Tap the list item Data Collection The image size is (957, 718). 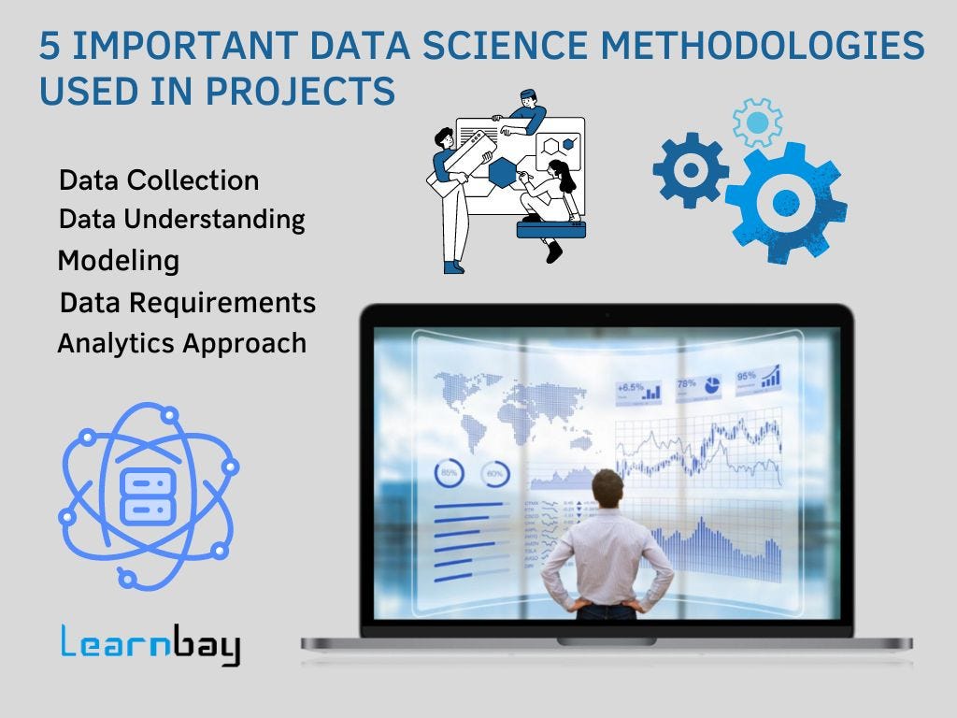pos(159,180)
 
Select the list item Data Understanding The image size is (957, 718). pos(181,220)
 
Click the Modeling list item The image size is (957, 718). pos(119,261)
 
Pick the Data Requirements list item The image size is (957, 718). pos(187,303)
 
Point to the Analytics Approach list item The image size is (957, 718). pos(181,343)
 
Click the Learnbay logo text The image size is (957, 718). pos(150,646)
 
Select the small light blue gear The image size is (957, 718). pos(757,122)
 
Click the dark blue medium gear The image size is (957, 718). pos(691,170)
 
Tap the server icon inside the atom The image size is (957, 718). pos(148,495)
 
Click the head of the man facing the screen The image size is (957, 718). pos(607,489)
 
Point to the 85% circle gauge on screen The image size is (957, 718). pos(450,474)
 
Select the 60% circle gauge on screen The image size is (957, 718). pos(494,474)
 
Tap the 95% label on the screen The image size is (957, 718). pos(747,377)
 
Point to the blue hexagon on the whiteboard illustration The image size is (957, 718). pos(503,171)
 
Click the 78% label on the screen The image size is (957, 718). pos(687,383)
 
